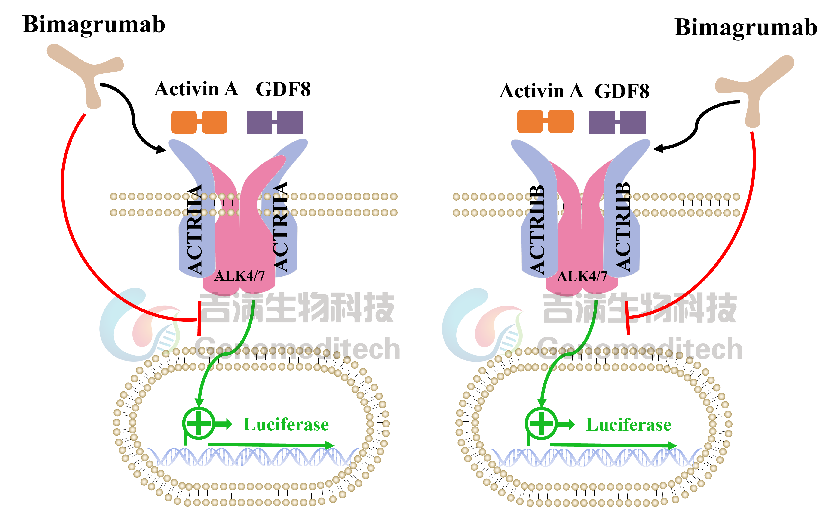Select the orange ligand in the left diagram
pos(199,122)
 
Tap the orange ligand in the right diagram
pos(545,121)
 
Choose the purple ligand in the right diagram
pos(617,122)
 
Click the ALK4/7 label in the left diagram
pos(240,276)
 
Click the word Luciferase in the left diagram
pos(286,424)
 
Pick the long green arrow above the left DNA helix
pos(271,445)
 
